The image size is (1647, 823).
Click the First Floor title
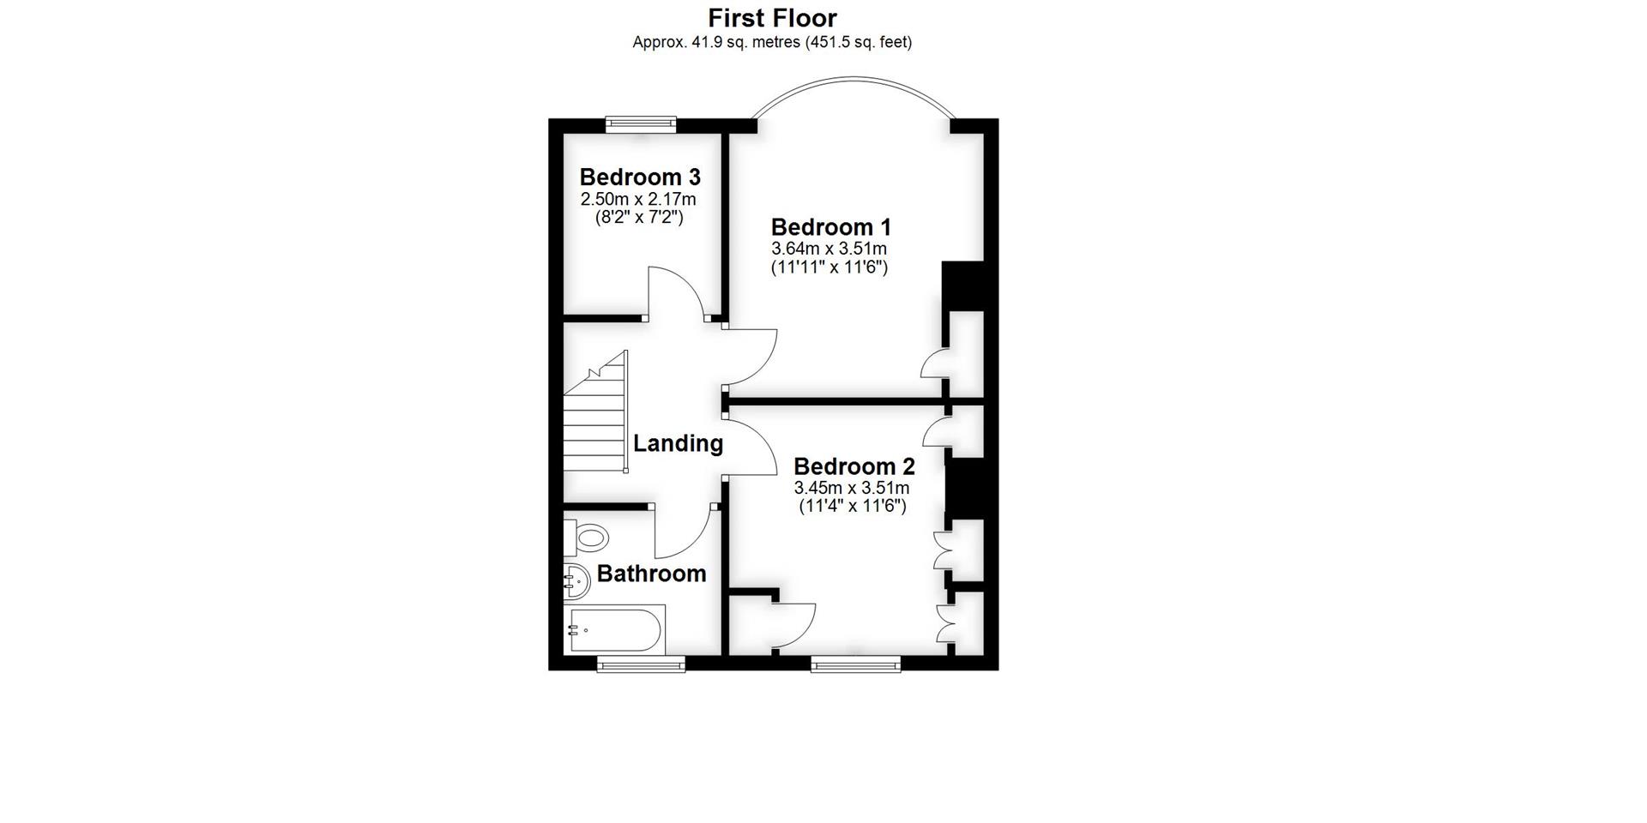[772, 18]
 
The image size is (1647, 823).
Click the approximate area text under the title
[772, 42]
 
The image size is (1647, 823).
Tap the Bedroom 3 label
[640, 177]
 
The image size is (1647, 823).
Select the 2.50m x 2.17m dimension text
[639, 200]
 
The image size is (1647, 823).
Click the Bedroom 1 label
[830, 227]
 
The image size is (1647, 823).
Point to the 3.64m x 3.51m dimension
[830, 249]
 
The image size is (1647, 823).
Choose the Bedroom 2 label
[854, 466]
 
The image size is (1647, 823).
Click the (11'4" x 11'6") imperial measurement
[853, 507]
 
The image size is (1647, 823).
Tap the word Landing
[678, 443]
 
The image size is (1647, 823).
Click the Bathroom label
[651, 574]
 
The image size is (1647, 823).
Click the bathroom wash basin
[577, 584]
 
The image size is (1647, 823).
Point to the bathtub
[615, 632]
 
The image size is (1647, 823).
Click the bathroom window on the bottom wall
[642, 664]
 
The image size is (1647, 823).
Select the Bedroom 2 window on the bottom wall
[856, 664]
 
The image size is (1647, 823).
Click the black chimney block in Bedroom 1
[962, 285]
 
